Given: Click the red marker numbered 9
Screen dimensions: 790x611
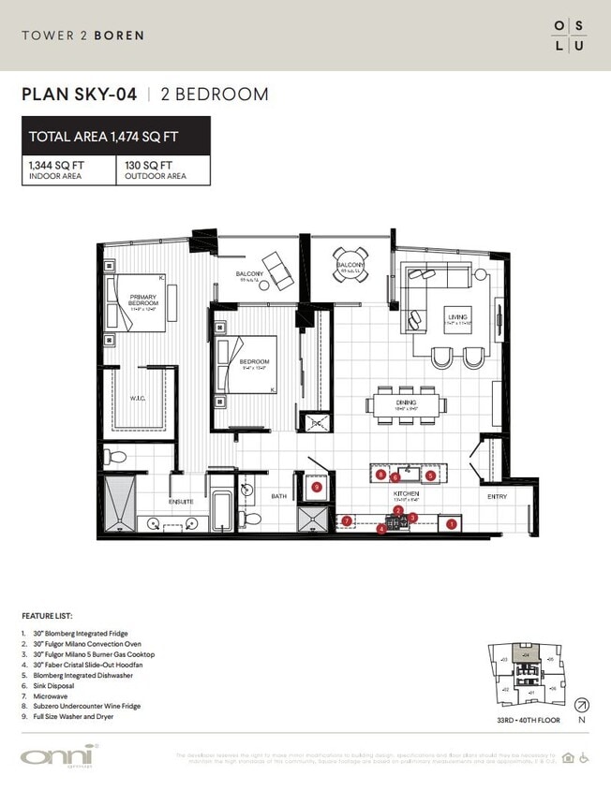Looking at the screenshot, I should click(317, 488).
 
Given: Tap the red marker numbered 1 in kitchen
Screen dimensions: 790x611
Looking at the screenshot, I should click(452, 524).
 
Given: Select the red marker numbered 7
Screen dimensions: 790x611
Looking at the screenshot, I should click(347, 519).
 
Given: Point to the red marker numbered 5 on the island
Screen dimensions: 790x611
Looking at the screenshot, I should click(430, 475).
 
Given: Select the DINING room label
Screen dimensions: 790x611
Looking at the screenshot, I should click(380, 403).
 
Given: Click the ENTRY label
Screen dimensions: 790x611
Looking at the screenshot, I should click(497, 497).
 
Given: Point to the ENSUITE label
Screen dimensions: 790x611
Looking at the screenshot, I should click(181, 502).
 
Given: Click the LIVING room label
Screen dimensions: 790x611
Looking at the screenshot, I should click(457, 317).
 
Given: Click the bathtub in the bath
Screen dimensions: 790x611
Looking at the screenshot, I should click(221, 511).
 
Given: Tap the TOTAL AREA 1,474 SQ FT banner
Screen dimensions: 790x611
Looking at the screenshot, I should click(116, 137).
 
